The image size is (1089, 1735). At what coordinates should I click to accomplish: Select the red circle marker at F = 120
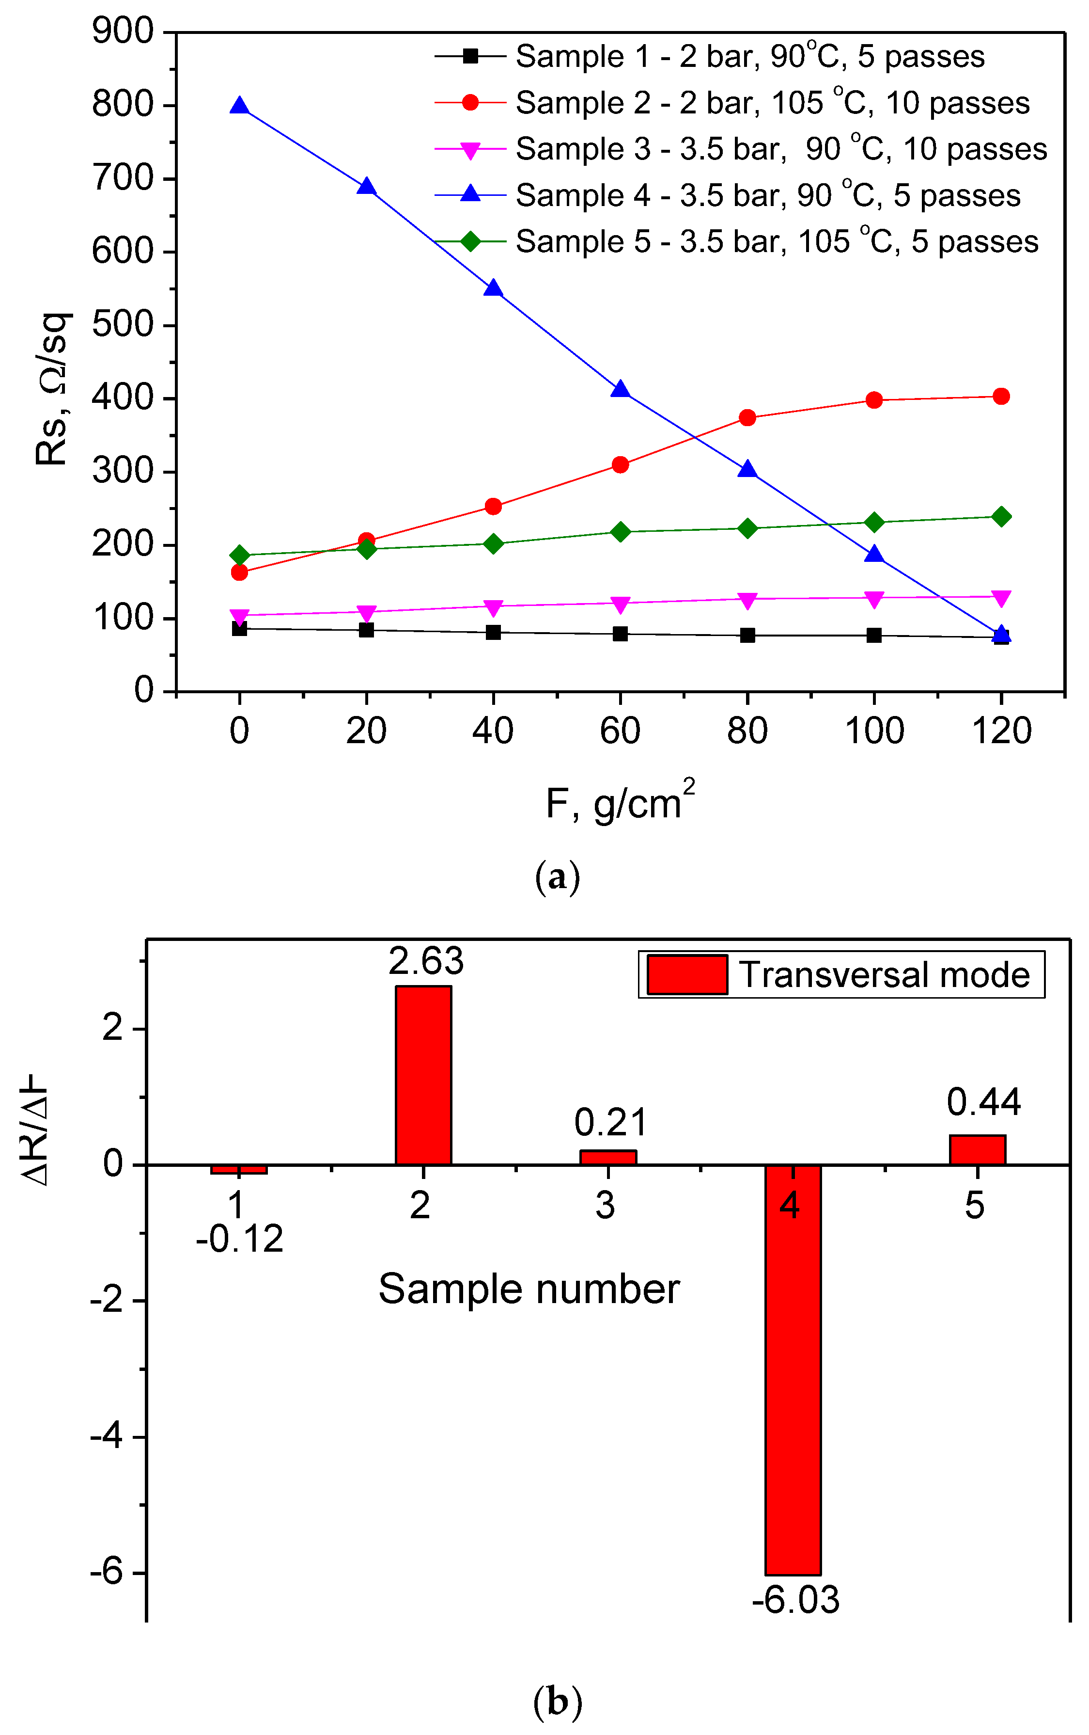pos(1001,396)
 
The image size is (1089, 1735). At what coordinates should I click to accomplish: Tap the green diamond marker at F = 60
pos(620,532)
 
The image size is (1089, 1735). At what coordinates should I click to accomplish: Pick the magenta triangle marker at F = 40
pos(493,607)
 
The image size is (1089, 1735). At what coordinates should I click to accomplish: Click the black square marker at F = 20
pos(367,630)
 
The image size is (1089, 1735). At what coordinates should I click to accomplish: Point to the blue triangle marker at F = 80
pos(747,470)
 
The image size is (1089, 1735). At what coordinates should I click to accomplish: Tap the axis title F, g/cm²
pos(620,801)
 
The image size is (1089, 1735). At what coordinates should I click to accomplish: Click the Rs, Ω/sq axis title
pos(51,389)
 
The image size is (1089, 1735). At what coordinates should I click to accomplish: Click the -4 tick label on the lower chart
pos(108,1436)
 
